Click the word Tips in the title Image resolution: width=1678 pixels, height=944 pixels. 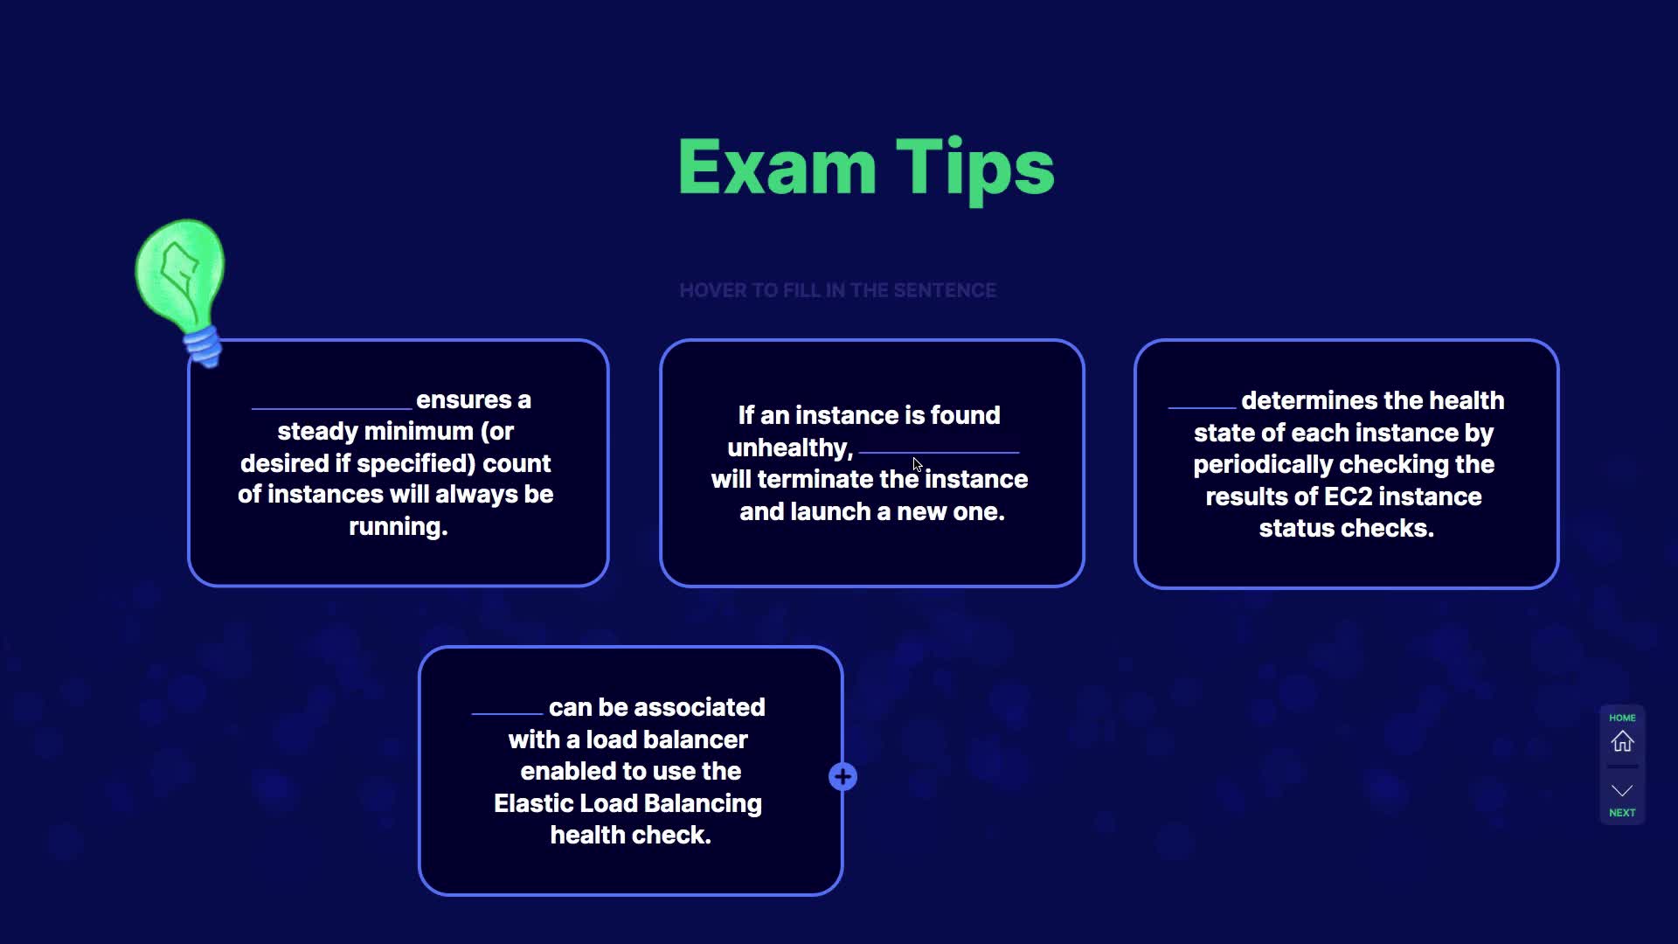click(x=975, y=170)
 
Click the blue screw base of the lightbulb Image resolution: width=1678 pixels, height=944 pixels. click(x=204, y=346)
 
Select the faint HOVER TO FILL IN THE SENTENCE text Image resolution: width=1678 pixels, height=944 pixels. click(x=837, y=290)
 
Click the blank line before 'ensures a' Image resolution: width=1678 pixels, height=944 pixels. click(x=331, y=408)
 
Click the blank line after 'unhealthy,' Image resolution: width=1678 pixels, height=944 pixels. click(x=939, y=452)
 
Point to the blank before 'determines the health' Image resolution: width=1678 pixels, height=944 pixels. click(x=1202, y=407)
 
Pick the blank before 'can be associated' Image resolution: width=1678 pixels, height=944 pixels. click(x=507, y=713)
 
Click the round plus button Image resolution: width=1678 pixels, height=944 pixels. click(x=842, y=776)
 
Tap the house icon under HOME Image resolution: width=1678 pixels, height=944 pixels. click(x=1622, y=741)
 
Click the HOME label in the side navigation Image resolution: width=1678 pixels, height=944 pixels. click(x=1622, y=718)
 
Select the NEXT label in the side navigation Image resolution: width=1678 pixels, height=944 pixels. click(x=1622, y=813)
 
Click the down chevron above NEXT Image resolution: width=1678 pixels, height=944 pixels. click(x=1622, y=791)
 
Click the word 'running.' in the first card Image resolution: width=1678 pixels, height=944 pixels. click(x=399, y=526)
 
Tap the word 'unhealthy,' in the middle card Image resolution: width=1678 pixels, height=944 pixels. click(x=790, y=448)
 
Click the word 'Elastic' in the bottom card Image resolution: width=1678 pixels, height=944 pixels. click(x=530, y=803)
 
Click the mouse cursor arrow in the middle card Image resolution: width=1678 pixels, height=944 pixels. click(x=917, y=464)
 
